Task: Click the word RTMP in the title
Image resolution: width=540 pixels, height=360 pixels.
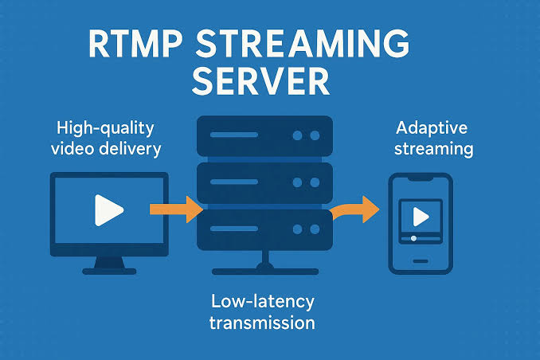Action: click(x=135, y=44)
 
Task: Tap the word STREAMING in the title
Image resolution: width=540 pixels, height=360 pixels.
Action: click(x=303, y=44)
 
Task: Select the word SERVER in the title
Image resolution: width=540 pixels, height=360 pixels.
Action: click(x=260, y=81)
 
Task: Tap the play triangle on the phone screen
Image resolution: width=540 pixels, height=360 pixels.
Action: click(x=421, y=217)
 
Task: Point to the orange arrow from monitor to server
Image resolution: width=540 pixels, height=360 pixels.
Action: click(x=176, y=209)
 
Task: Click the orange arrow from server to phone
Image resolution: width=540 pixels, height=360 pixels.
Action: click(x=354, y=209)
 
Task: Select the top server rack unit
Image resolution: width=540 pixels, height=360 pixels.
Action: click(x=264, y=136)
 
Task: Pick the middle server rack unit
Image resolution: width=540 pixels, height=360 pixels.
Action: click(x=264, y=182)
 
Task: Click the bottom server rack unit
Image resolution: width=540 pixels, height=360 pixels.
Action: click(x=264, y=229)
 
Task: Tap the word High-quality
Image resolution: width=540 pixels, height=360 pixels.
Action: click(x=105, y=129)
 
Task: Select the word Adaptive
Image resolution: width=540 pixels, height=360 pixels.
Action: click(x=432, y=128)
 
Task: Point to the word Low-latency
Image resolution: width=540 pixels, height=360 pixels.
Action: click(x=263, y=302)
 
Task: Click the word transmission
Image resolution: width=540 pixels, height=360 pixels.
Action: click(x=262, y=323)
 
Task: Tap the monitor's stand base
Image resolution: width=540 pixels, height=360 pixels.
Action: click(x=110, y=272)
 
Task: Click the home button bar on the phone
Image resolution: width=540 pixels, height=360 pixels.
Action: click(x=421, y=261)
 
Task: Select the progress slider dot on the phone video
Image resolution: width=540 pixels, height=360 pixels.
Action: click(x=413, y=238)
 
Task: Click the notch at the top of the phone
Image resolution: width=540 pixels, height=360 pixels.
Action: click(x=421, y=178)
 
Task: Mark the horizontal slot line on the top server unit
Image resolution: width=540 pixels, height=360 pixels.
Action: click(x=234, y=135)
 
